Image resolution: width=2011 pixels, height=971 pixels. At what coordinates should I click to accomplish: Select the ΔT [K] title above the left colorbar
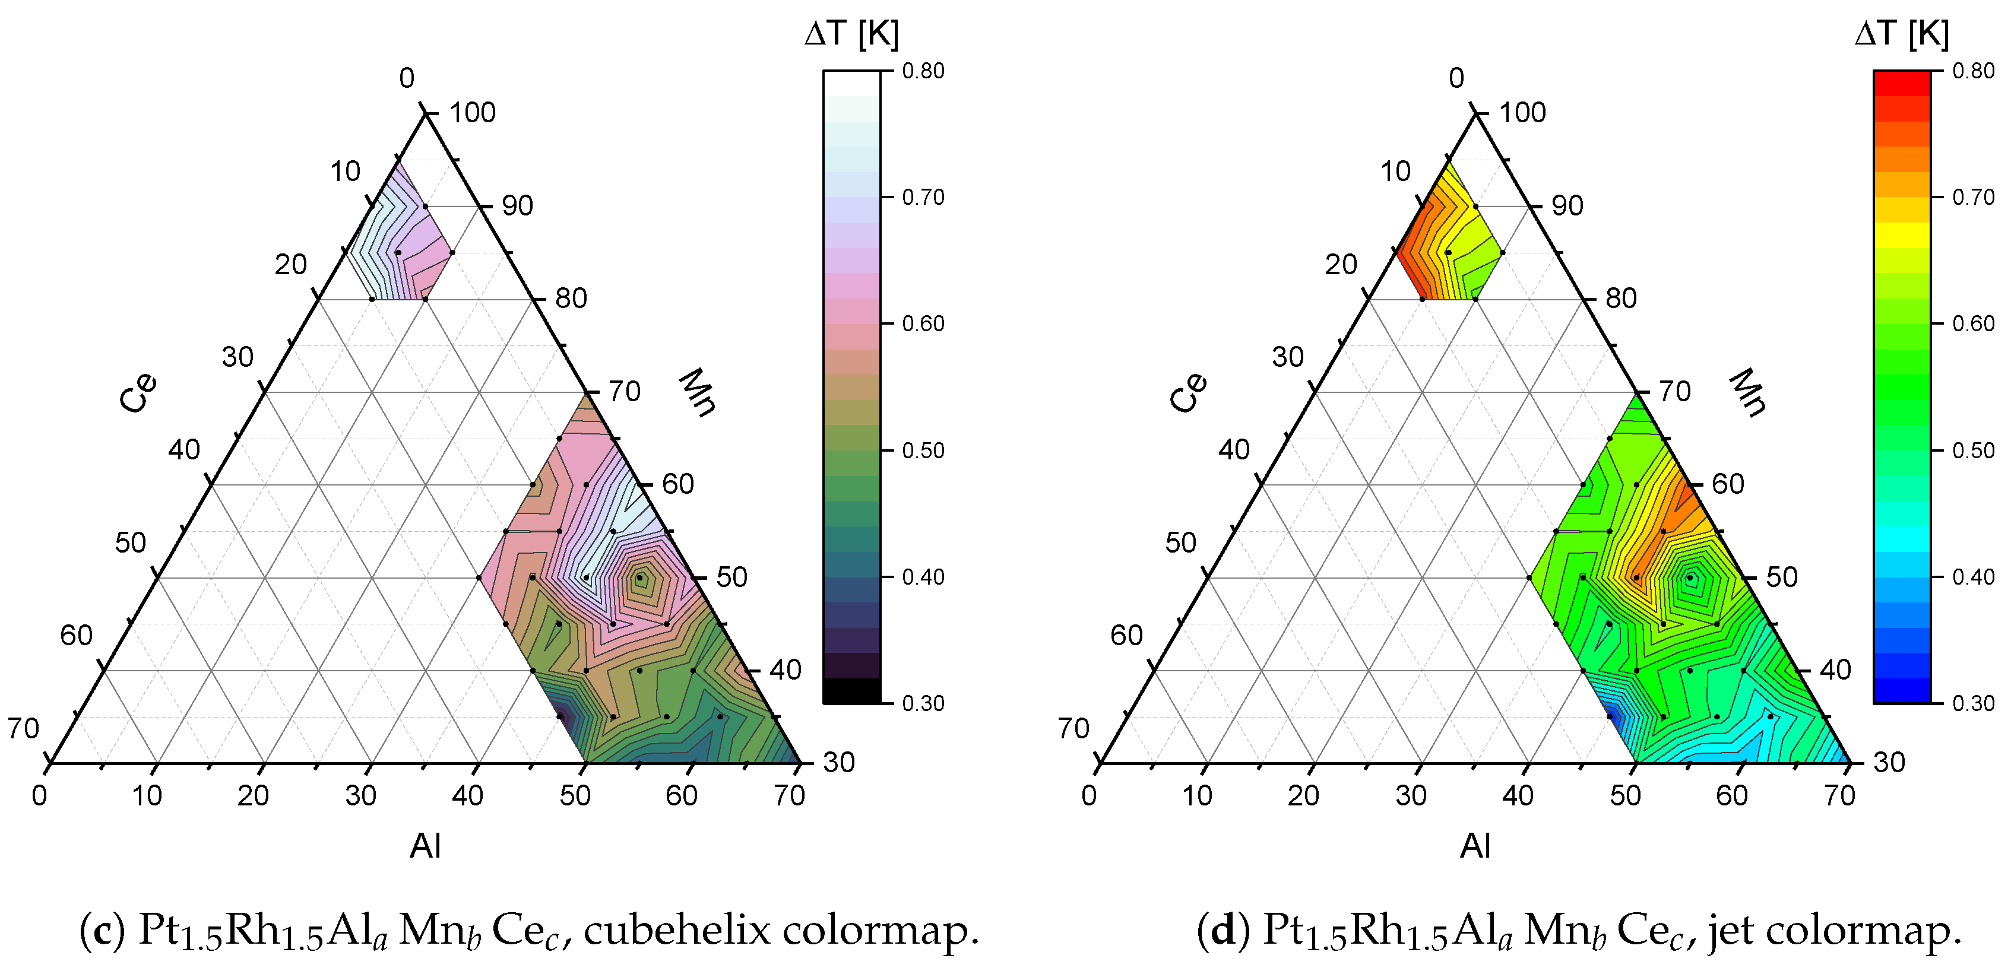coord(851,34)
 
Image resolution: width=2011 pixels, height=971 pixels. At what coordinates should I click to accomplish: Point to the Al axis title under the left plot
coord(426,845)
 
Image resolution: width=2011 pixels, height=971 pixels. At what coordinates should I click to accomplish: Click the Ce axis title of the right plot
coord(1187,393)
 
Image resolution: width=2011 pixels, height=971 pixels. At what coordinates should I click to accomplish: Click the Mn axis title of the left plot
coord(697,393)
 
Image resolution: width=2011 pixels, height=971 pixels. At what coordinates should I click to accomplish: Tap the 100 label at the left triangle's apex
coord(472,112)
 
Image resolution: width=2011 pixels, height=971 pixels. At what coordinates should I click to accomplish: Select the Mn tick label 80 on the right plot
coord(1621,298)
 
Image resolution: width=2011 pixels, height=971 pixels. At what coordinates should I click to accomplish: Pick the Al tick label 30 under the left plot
coord(360,795)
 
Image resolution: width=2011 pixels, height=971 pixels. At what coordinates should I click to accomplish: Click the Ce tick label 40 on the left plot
coord(184,450)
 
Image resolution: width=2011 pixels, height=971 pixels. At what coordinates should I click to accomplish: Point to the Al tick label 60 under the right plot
coord(1731,795)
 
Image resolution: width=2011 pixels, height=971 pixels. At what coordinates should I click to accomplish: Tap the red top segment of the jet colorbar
coord(1901,82)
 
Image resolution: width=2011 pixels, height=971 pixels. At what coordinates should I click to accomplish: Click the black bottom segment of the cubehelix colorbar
coord(851,691)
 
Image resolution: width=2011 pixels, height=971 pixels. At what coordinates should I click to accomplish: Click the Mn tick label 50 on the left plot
coord(731,577)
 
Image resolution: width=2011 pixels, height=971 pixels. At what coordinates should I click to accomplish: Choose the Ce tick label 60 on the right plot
coord(1126,636)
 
